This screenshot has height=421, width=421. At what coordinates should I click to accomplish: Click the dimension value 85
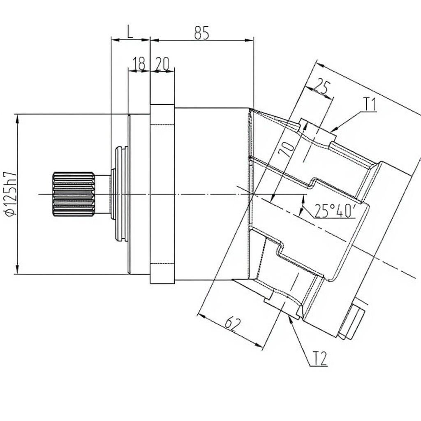(x=201, y=33)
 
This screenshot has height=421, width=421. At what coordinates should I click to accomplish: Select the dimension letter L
(x=130, y=32)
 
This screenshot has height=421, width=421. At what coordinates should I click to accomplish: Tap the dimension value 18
(x=139, y=64)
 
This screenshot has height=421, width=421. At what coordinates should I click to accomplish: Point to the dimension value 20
(x=162, y=64)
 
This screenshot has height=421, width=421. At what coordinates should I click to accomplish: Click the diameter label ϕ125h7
(x=11, y=194)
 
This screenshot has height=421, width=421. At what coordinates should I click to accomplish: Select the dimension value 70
(x=287, y=149)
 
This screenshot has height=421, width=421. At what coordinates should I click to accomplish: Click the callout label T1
(x=370, y=104)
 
